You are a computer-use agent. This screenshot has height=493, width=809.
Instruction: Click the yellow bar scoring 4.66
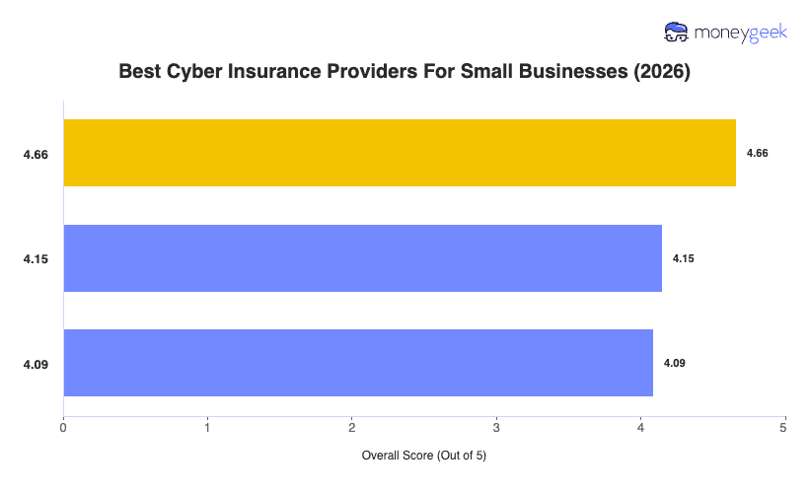pyautogui.click(x=400, y=153)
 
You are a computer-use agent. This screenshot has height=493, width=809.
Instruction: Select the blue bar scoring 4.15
pyautogui.click(x=362, y=258)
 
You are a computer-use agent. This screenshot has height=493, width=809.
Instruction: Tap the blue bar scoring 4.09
pyautogui.click(x=358, y=363)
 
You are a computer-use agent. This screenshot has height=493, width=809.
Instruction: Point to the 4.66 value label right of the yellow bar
pyautogui.click(x=757, y=153)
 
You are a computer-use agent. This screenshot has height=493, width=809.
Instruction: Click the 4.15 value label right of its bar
pyautogui.click(x=683, y=258)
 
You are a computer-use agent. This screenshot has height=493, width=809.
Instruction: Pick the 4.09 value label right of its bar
pyautogui.click(x=674, y=363)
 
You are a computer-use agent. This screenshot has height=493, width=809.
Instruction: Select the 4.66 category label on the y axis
pyautogui.click(x=37, y=154)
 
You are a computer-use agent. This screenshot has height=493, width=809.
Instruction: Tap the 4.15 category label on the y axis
pyautogui.click(x=37, y=259)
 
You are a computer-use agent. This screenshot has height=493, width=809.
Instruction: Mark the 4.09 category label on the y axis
pyautogui.click(x=37, y=364)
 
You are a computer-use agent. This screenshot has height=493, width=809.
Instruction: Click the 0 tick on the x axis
pyautogui.click(x=63, y=429)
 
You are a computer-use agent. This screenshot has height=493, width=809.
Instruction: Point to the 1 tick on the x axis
pyautogui.click(x=207, y=429)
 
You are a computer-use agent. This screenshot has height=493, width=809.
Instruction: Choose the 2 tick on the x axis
pyautogui.click(x=351, y=429)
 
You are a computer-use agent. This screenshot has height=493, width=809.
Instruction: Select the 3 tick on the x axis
pyautogui.click(x=496, y=429)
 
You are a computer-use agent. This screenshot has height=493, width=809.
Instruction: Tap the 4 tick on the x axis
pyautogui.click(x=640, y=429)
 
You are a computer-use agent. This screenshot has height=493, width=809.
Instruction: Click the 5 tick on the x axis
pyautogui.click(x=784, y=429)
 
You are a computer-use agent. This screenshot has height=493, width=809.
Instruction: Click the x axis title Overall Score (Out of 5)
pyautogui.click(x=424, y=457)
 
